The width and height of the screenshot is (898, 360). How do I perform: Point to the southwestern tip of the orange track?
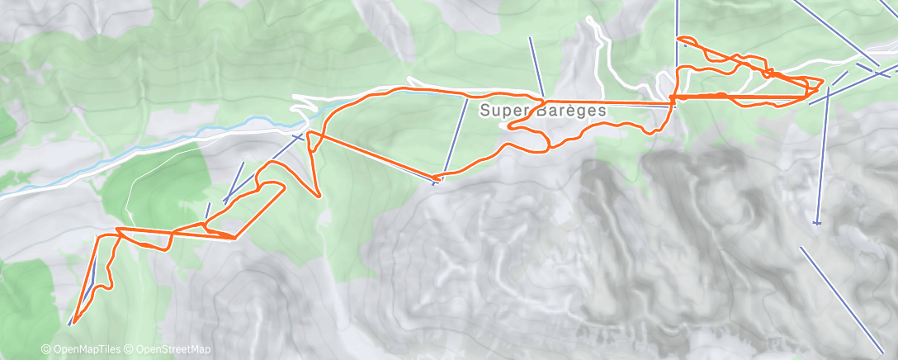pyautogui.click(x=73, y=321)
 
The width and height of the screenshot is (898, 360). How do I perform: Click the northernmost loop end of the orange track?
pyautogui.click(x=678, y=38)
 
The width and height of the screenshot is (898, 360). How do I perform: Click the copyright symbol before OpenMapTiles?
pyautogui.click(x=45, y=350)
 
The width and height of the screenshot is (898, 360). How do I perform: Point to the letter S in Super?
pyautogui.click(x=484, y=109)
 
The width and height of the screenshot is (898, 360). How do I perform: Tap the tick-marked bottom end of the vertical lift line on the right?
pyautogui.click(x=817, y=222)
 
